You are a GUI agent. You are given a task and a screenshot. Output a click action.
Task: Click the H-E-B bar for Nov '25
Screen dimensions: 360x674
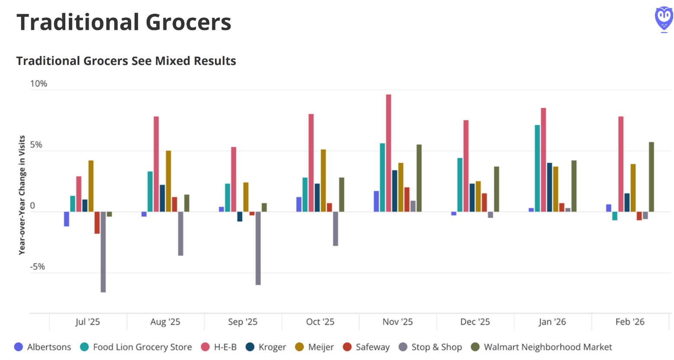pyautogui.click(x=388, y=153)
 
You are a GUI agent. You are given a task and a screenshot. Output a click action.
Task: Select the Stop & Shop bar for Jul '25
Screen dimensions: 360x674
pyautogui.click(x=103, y=252)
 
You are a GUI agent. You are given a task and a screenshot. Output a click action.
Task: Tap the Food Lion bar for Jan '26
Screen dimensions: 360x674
pyautogui.click(x=537, y=168)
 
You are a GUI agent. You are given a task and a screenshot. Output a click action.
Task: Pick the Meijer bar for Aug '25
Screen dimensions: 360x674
pyautogui.click(x=168, y=181)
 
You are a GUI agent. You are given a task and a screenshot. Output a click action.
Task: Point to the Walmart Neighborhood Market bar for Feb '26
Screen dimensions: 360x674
pyautogui.click(x=651, y=177)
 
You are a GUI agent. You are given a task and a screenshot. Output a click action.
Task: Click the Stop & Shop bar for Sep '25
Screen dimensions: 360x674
pyautogui.click(x=258, y=248)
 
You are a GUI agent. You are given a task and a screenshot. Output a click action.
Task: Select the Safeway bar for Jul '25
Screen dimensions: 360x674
pyautogui.click(x=97, y=223)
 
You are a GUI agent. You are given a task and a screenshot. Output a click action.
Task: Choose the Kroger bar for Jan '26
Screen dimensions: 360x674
pyautogui.click(x=549, y=187)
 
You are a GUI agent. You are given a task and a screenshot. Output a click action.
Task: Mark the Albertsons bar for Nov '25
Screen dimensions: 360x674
pyautogui.click(x=376, y=201)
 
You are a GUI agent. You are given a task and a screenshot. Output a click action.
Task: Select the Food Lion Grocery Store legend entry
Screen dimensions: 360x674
pyautogui.click(x=136, y=347)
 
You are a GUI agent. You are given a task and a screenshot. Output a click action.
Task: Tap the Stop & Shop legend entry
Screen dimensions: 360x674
pyautogui.click(x=430, y=347)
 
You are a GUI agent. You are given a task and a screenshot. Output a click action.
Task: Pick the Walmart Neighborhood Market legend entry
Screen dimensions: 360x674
pyautogui.click(x=541, y=347)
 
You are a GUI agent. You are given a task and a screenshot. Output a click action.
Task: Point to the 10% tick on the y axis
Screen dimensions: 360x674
pyautogui.click(x=39, y=84)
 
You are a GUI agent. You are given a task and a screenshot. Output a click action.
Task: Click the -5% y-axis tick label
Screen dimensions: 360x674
pyautogui.click(x=37, y=267)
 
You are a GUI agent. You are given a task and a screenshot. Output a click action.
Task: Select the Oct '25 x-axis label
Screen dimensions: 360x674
pyautogui.click(x=320, y=322)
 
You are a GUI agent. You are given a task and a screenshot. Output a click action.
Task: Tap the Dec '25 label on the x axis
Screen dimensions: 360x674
pyautogui.click(x=475, y=322)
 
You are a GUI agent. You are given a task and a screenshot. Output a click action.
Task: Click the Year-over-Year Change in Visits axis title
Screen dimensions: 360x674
pyautogui.click(x=22, y=195)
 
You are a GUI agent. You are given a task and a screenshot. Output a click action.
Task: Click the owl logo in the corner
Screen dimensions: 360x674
pyautogui.click(x=663, y=19)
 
